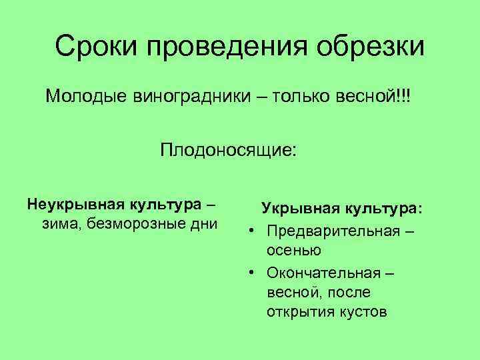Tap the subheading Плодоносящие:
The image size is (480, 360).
coord(227,149)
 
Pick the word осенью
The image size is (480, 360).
coord(294,251)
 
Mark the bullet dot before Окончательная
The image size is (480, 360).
coord(253,272)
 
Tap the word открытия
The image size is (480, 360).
coord(298,313)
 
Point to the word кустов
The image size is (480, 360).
coord(359,313)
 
